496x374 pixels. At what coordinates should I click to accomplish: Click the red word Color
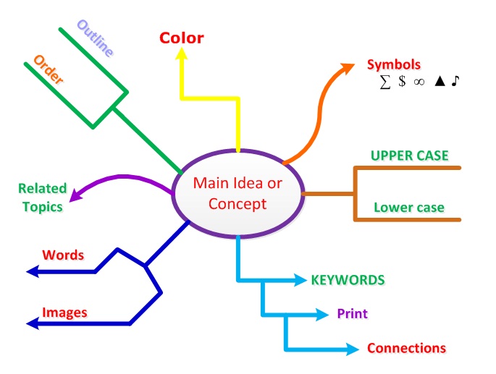[x=182, y=38]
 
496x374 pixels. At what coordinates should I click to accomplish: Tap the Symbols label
[x=393, y=64]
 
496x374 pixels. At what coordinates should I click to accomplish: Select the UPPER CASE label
[x=409, y=156]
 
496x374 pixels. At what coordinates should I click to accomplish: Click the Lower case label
[x=409, y=208]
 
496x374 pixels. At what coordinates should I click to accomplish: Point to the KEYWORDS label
[x=348, y=279]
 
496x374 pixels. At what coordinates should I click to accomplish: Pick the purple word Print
[x=352, y=314]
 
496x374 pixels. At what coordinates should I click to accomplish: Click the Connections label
[x=406, y=348]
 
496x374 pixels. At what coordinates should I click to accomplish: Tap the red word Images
[x=64, y=313]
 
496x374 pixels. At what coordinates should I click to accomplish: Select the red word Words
[x=63, y=255]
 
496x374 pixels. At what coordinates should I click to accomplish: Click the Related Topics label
[x=42, y=197]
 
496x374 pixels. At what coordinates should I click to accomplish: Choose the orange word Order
[x=49, y=69]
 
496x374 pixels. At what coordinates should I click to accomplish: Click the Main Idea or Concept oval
[x=238, y=193]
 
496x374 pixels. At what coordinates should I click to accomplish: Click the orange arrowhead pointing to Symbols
[x=348, y=68]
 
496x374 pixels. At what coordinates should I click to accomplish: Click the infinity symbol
[x=418, y=82]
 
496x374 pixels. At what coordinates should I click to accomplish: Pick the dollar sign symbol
[x=401, y=82]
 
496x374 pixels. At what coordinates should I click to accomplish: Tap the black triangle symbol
[x=439, y=82]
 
